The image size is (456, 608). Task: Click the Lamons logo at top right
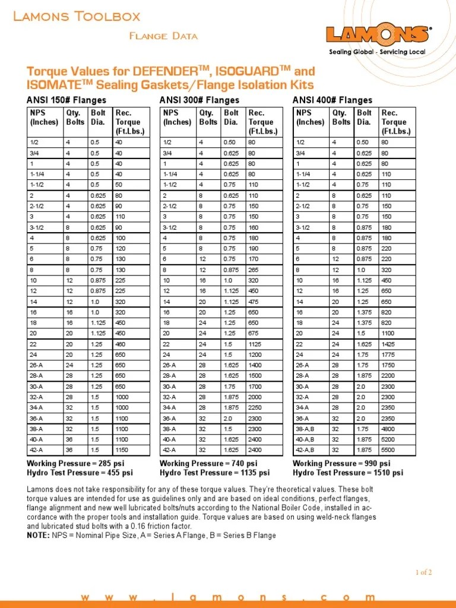pos(378,34)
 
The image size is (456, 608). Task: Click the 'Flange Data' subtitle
pos(163,36)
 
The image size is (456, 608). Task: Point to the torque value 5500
pos(389,450)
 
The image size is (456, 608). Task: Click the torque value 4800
pos(389,429)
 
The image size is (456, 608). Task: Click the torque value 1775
pos(389,354)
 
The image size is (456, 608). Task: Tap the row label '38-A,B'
pos(306,429)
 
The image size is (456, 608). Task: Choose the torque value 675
pos(254,333)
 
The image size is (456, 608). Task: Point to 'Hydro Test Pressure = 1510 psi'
pos(348,473)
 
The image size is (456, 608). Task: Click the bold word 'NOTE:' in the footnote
pos(38,535)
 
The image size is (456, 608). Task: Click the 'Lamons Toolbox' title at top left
pos(77,16)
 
